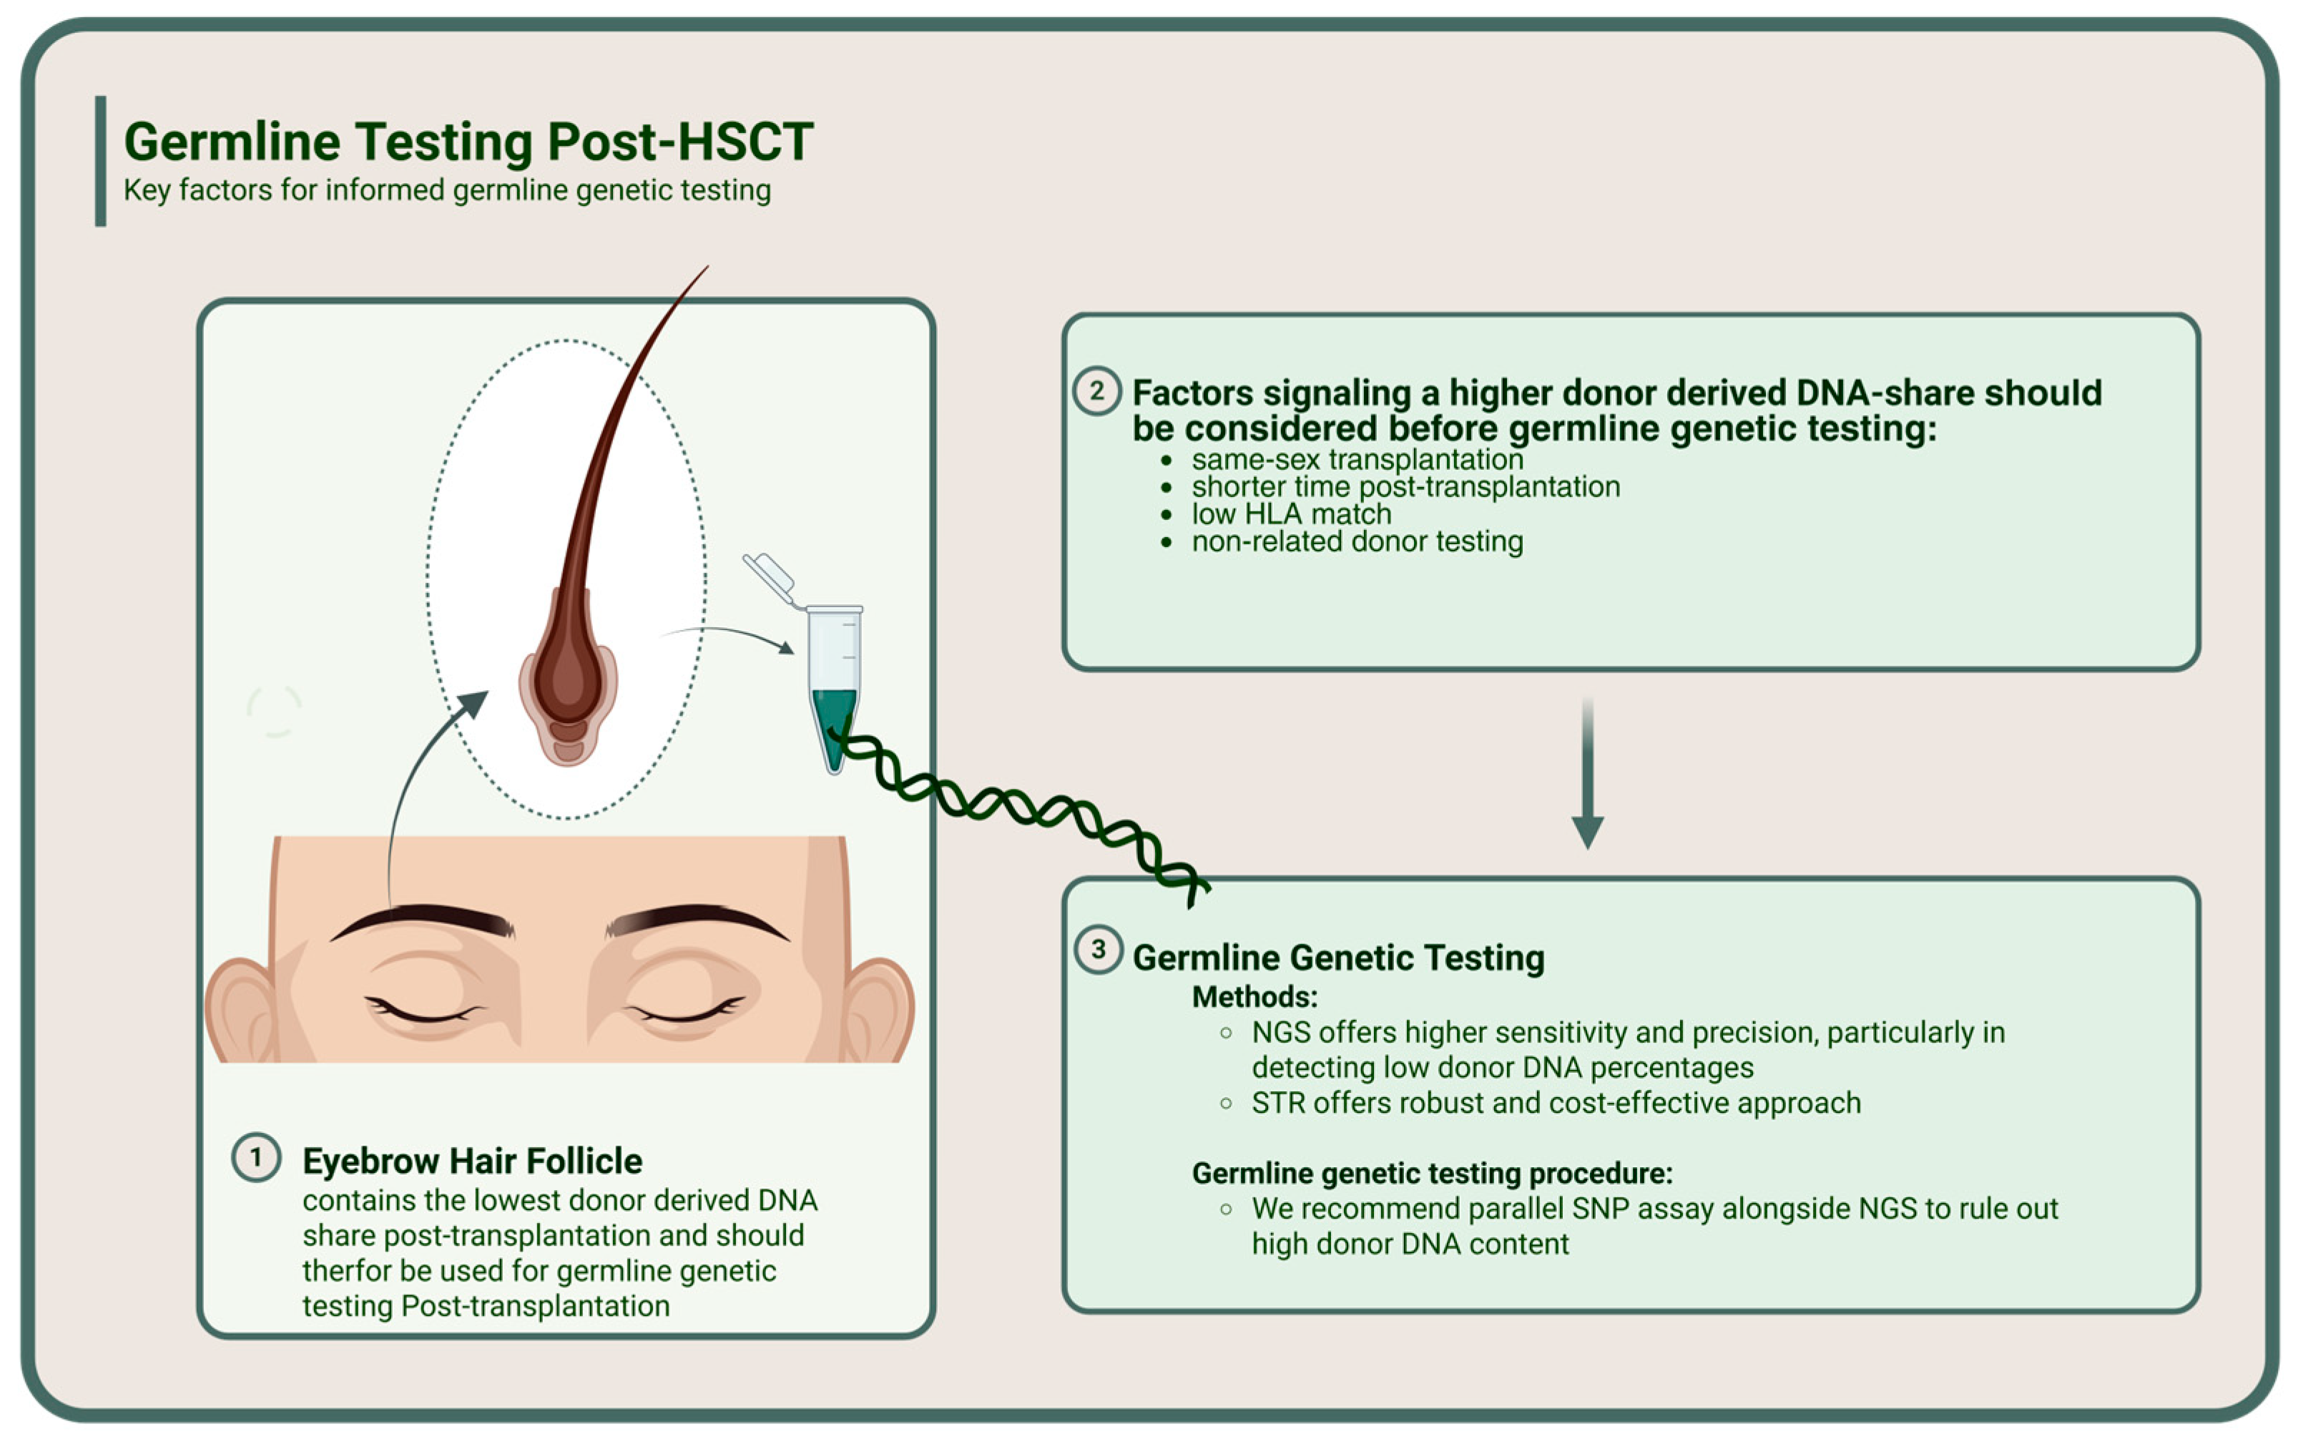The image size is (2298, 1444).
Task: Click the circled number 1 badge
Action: pos(256,1158)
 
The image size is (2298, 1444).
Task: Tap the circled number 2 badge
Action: pos(1096,391)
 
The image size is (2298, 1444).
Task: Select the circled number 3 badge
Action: pos(1099,950)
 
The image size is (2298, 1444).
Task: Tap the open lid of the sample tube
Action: pos(768,576)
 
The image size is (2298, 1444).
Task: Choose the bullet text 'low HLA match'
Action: pos(1290,514)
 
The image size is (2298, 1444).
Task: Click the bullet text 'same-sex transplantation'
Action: pos(1356,459)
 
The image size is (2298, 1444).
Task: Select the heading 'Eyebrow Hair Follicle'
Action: pos(472,1161)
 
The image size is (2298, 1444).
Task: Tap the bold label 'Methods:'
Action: pos(1254,997)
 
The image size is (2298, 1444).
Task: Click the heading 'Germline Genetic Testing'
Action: pos(1338,957)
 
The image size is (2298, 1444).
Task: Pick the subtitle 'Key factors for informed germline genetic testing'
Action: pos(446,190)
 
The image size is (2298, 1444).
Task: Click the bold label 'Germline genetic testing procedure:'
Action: pos(1431,1173)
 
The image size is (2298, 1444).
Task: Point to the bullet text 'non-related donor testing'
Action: pos(1356,542)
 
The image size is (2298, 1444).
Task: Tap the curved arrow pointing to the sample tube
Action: pos(730,634)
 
